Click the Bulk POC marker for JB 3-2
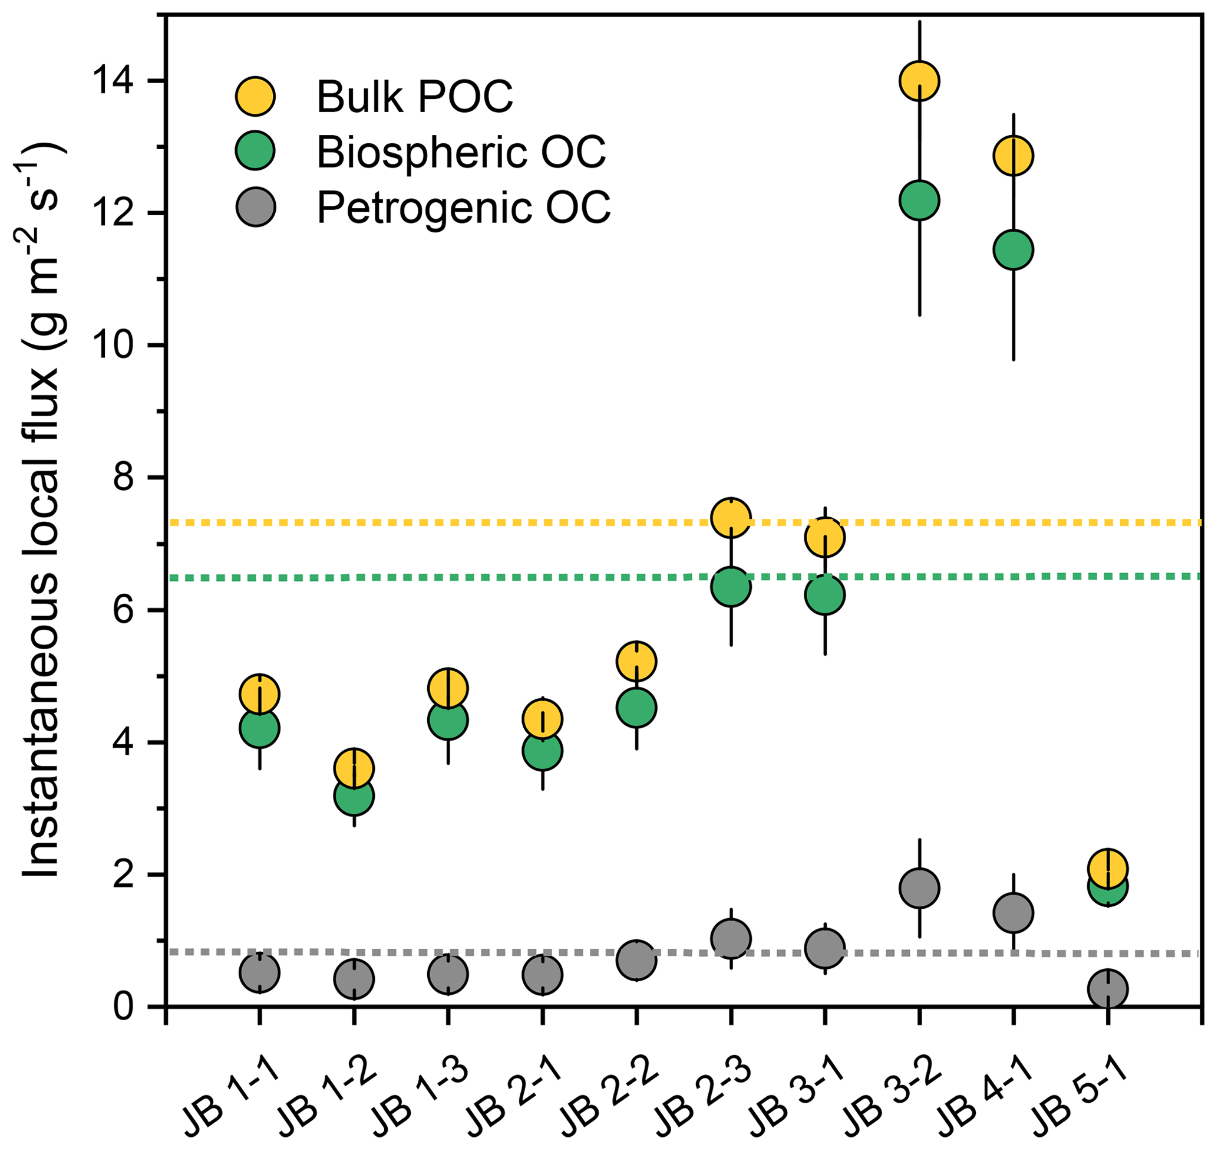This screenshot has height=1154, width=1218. point(919,81)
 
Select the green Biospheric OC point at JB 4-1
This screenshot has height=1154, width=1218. point(1014,250)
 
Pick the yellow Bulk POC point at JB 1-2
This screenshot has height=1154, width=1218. point(354,768)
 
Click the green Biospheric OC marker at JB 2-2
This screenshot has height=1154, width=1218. point(636,708)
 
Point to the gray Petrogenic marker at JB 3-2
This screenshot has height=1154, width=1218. point(919,888)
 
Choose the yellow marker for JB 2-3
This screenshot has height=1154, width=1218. point(731,518)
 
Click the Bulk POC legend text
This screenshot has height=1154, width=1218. point(415,97)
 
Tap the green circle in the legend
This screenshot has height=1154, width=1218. point(256,151)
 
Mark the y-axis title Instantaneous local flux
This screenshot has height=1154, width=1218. point(43,511)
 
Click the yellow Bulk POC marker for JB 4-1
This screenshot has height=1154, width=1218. point(1014,156)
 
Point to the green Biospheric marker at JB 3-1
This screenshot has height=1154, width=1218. point(825,595)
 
